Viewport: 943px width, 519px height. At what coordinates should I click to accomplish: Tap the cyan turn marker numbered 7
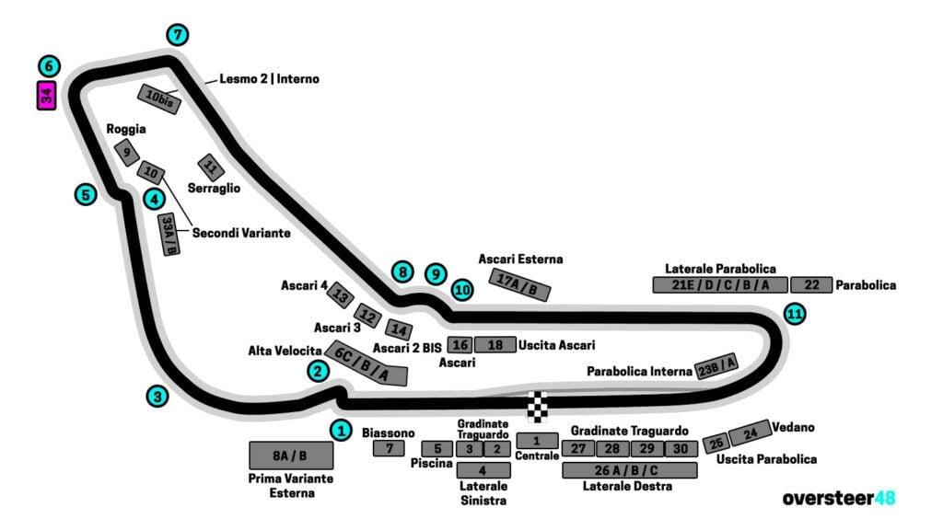(178, 35)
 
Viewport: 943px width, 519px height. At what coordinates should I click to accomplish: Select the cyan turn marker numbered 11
(795, 314)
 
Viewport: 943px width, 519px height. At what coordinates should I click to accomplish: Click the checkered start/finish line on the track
(537, 406)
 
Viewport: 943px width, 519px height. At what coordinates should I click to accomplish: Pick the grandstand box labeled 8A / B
(290, 455)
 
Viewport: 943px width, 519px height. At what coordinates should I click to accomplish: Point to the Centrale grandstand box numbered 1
(537, 440)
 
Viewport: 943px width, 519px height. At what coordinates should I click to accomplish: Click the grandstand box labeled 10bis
(159, 99)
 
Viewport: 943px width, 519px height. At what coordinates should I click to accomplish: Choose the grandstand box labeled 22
(811, 285)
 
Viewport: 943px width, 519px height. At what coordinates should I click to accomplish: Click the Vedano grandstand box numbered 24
(750, 432)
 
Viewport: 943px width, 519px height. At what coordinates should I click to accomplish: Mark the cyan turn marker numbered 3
(158, 397)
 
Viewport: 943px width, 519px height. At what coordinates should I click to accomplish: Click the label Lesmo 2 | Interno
(269, 79)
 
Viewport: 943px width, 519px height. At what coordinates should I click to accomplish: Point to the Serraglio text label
(214, 188)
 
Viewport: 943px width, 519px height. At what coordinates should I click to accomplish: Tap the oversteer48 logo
(838, 498)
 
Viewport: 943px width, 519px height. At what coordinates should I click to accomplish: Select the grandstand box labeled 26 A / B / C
(629, 469)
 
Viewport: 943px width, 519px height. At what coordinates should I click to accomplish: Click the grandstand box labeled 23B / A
(716, 365)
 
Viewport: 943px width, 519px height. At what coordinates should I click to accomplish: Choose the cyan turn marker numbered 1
(342, 430)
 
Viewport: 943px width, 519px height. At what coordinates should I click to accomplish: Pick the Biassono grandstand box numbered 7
(390, 448)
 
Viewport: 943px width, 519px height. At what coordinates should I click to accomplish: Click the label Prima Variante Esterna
(290, 486)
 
